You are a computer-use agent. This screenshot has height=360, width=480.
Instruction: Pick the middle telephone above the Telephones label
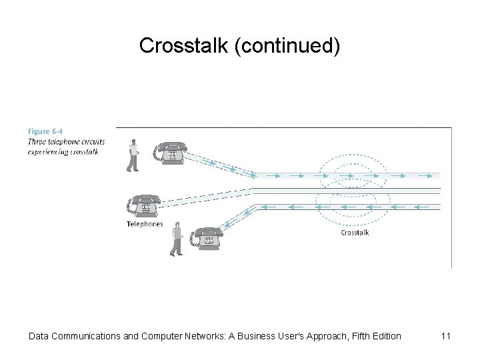[x=144, y=206]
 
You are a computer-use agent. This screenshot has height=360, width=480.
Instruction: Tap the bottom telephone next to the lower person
[x=207, y=238]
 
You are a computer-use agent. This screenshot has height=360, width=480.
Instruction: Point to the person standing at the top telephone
[x=133, y=155]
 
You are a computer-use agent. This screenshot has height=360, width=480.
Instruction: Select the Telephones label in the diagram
[x=145, y=224]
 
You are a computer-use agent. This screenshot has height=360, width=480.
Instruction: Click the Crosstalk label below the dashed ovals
[x=355, y=233]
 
